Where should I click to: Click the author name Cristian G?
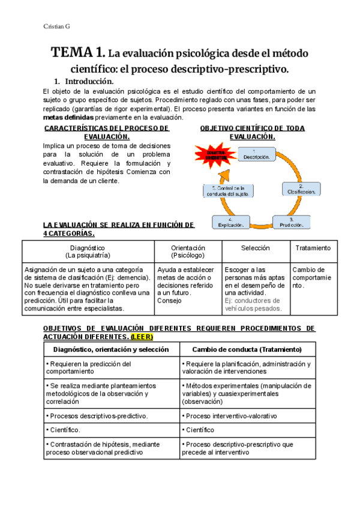[x=57, y=26]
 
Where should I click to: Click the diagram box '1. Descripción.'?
[x=256, y=154]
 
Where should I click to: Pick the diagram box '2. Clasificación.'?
[x=301, y=188]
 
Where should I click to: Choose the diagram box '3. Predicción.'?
[x=290, y=222]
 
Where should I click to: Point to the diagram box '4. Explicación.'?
[x=230, y=222]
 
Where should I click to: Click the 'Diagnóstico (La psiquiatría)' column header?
[x=88, y=251]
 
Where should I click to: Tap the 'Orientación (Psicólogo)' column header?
[x=188, y=251]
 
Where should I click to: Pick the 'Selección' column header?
[x=256, y=248]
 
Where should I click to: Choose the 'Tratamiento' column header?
[x=313, y=248]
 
